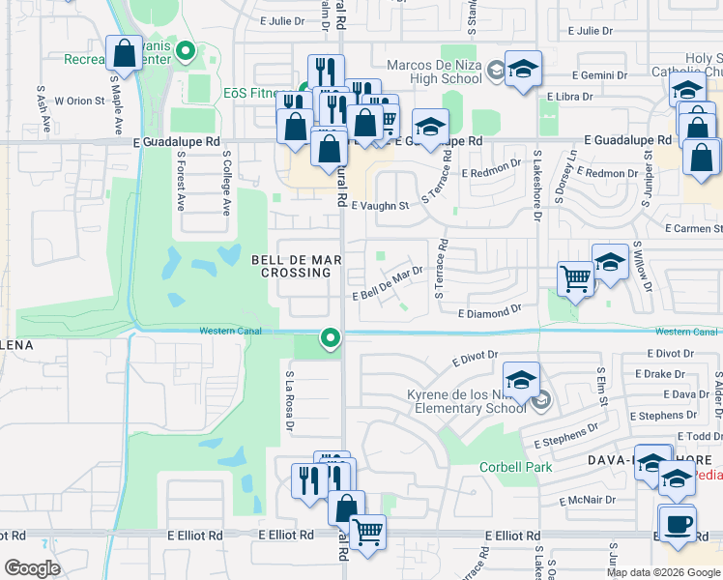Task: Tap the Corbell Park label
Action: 516,467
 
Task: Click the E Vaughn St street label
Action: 380,206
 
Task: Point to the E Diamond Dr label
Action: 490,313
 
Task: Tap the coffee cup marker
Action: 676,525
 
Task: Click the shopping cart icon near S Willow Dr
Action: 575,279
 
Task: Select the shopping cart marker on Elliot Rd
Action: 367,532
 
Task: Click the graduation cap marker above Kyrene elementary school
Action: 520,380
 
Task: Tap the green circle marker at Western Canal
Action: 331,337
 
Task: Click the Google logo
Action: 32,568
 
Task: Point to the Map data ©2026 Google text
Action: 663,572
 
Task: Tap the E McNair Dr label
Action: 588,500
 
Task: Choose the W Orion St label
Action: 79,101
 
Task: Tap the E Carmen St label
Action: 695,228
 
